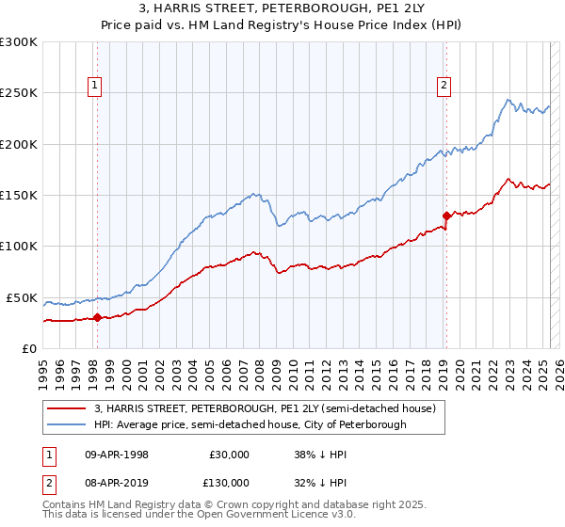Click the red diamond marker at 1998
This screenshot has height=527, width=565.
pyautogui.click(x=97, y=317)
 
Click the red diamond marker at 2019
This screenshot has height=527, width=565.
pyautogui.click(x=446, y=216)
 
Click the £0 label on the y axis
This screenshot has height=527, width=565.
pyautogui.click(x=28, y=348)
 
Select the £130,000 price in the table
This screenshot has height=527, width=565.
pyautogui.click(x=229, y=482)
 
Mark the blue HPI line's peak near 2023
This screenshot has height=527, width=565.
pyautogui.click(x=508, y=99)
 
